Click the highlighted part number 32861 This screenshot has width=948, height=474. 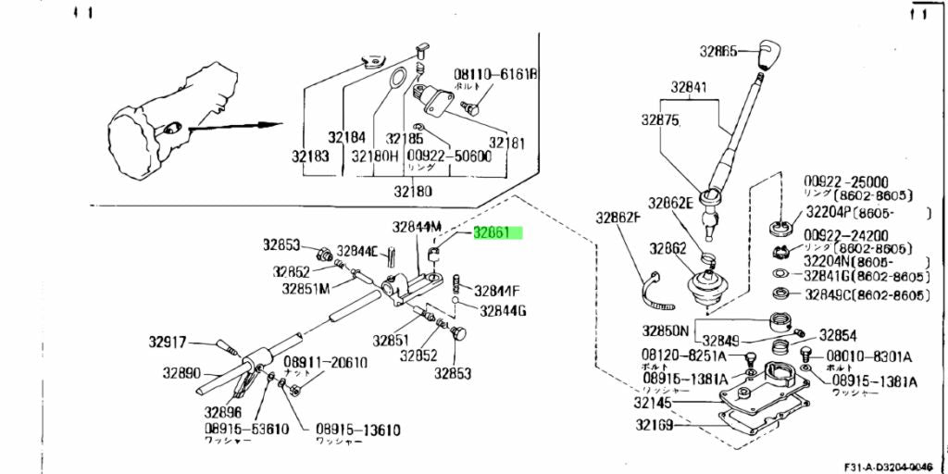click(x=498, y=233)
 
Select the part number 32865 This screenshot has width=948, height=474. click(x=718, y=53)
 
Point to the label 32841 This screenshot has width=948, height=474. click(x=689, y=88)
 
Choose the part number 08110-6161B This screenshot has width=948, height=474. click(x=495, y=74)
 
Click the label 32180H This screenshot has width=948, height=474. click(x=375, y=156)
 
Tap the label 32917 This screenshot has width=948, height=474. click(x=168, y=341)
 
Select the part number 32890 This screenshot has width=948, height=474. click(x=182, y=373)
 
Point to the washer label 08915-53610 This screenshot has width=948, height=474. click(x=246, y=430)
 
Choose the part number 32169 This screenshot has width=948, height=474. click(x=655, y=426)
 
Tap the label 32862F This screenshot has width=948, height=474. click(x=618, y=218)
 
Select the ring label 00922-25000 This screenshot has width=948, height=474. click(x=846, y=182)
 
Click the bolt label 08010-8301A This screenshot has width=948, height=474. click(x=868, y=355)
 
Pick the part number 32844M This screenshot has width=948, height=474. click(x=417, y=226)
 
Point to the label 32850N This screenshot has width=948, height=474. click(x=667, y=331)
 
